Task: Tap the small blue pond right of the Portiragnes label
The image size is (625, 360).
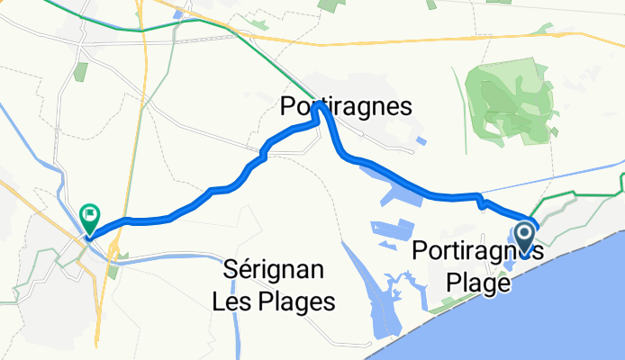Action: tap(421, 140)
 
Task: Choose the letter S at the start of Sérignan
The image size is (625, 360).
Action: tap(230, 270)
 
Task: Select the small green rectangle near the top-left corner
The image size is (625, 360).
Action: tap(81, 71)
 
